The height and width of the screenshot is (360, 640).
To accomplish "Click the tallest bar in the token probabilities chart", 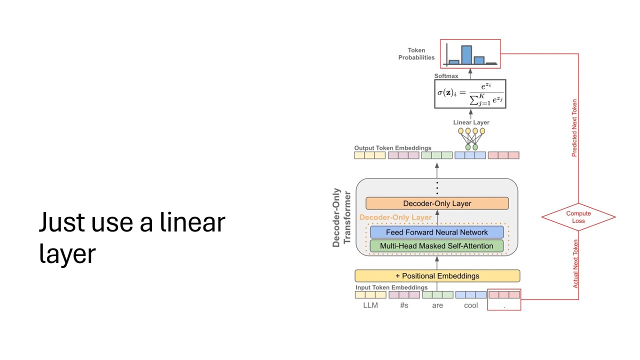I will coord(466,55).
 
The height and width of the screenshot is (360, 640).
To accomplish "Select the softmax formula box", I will coord(470,94).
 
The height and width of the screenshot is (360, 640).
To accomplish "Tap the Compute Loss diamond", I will coord(578,217).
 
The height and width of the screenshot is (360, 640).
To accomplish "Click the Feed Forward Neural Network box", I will coord(436,232).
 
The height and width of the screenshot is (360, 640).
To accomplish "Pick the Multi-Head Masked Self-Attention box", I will coord(436,246).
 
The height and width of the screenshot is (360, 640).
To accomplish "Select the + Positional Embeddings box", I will coord(437,276).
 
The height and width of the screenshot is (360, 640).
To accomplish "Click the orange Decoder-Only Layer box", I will coord(437,203).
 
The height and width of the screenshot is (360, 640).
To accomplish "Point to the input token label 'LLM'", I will coord(370,305).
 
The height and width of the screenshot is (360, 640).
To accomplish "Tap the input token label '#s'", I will coord(404,305).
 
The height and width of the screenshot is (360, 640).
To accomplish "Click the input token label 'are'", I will coord(437,305).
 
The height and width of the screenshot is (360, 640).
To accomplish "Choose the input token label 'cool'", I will coord(470,305).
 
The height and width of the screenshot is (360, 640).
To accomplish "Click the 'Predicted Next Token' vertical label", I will coord(574,128).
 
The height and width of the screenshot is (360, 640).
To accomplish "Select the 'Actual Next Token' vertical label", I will coord(575,263).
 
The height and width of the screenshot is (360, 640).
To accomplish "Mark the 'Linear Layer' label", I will coord(471,122).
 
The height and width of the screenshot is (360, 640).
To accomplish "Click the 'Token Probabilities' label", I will coord(416,54).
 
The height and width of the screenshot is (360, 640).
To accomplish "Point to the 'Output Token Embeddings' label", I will coord(392,148).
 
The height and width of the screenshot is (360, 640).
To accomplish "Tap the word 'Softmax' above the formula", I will coord(446,76).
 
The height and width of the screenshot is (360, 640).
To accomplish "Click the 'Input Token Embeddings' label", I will coord(391,287).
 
